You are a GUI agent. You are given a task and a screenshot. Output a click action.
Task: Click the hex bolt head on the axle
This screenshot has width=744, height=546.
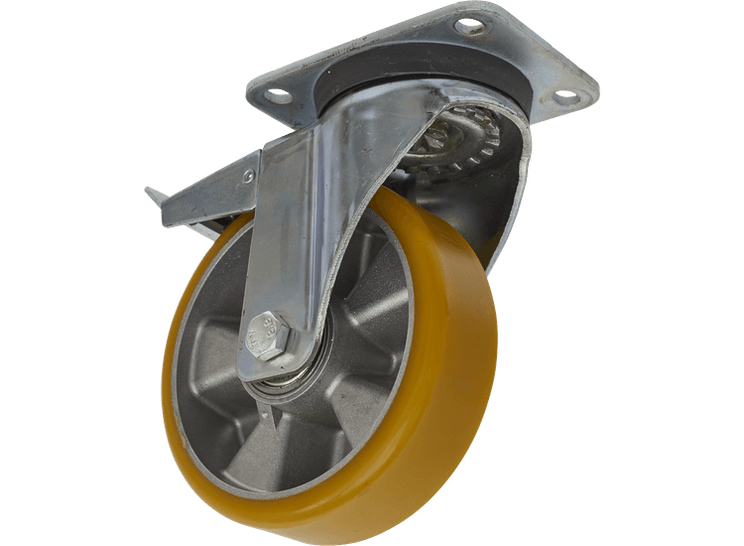point(267,334)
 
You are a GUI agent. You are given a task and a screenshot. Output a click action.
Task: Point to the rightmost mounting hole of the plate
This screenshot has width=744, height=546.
point(565,96)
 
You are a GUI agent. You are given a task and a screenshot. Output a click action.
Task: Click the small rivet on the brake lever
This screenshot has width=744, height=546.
point(250,176)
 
